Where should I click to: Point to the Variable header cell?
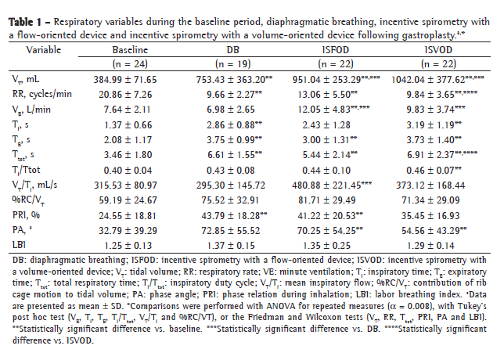tap(43, 49)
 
